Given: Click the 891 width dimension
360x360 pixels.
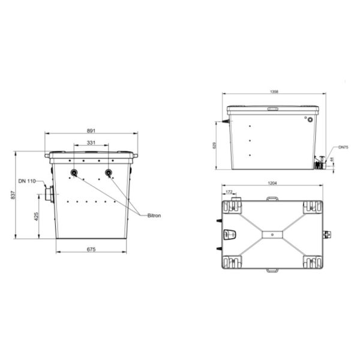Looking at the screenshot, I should [x=91, y=131].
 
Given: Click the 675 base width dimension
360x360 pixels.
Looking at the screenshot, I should [x=91, y=248].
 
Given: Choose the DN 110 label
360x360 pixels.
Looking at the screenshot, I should [x=27, y=181].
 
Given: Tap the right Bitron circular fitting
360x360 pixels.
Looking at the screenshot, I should [x=109, y=173].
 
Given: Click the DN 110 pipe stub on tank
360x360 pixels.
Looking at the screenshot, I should [x=48, y=194].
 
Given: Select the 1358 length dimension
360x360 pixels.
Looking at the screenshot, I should [x=274, y=92].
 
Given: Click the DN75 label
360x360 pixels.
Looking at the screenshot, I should [x=343, y=146].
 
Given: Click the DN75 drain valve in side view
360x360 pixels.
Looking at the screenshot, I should [x=318, y=163].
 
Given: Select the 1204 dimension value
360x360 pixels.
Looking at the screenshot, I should [x=272, y=183].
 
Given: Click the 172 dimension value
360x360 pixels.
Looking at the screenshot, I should [x=229, y=191].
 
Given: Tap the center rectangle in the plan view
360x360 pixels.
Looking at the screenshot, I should [x=272, y=232].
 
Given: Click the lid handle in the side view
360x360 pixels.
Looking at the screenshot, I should [x=273, y=108].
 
